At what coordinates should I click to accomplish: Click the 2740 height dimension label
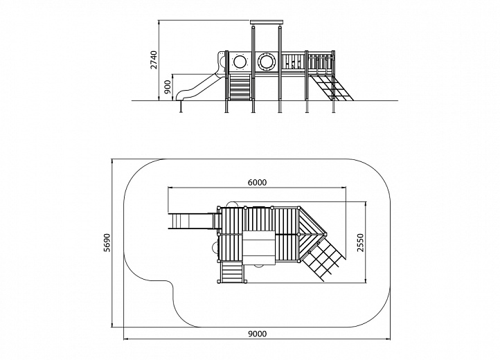(154, 60)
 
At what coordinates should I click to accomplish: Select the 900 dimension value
(168, 87)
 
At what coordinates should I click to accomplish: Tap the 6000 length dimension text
(257, 182)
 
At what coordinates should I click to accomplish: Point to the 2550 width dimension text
(360, 243)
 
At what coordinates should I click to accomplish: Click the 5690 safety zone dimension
(107, 243)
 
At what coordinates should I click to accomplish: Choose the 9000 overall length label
(257, 334)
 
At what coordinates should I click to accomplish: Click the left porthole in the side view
(240, 61)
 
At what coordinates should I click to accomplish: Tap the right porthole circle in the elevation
(266, 61)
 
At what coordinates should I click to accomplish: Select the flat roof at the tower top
(267, 22)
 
